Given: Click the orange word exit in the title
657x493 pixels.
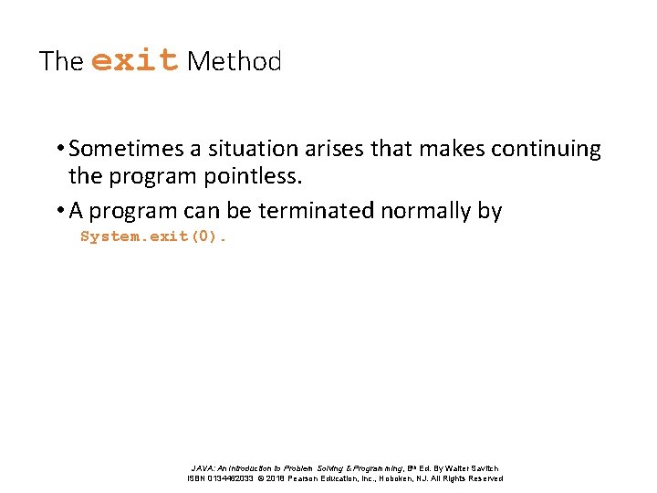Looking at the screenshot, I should [x=135, y=60].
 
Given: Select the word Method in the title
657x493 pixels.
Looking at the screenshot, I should [x=234, y=61].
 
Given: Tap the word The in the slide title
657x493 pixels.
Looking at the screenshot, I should [x=61, y=61].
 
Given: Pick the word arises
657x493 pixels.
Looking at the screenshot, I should [x=336, y=149].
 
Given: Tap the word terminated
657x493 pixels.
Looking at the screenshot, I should [x=317, y=211].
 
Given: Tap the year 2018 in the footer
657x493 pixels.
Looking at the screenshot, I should [x=276, y=478].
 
